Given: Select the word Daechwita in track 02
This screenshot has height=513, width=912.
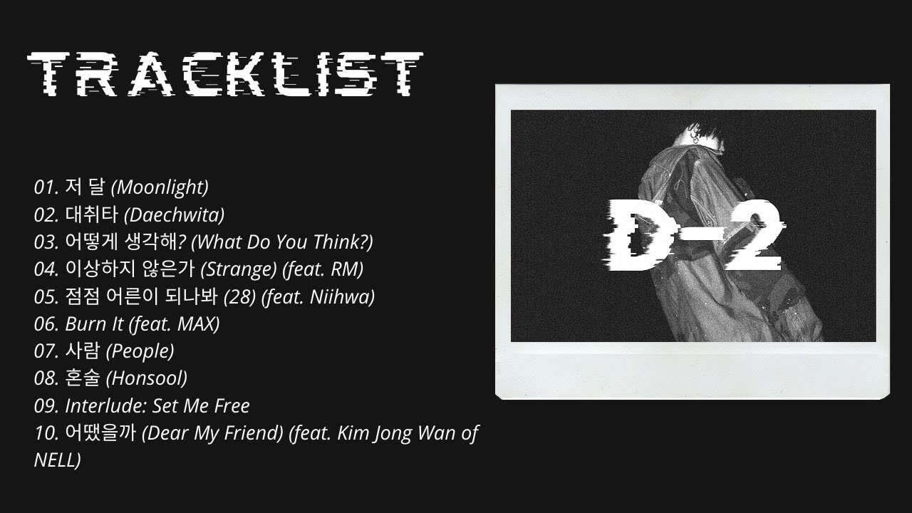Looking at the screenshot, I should (175, 214).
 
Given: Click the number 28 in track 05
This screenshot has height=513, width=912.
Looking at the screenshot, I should (243, 297).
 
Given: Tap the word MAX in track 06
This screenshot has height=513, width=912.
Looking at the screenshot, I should (195, 324).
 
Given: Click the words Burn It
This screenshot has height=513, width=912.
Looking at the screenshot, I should (95, 324).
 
